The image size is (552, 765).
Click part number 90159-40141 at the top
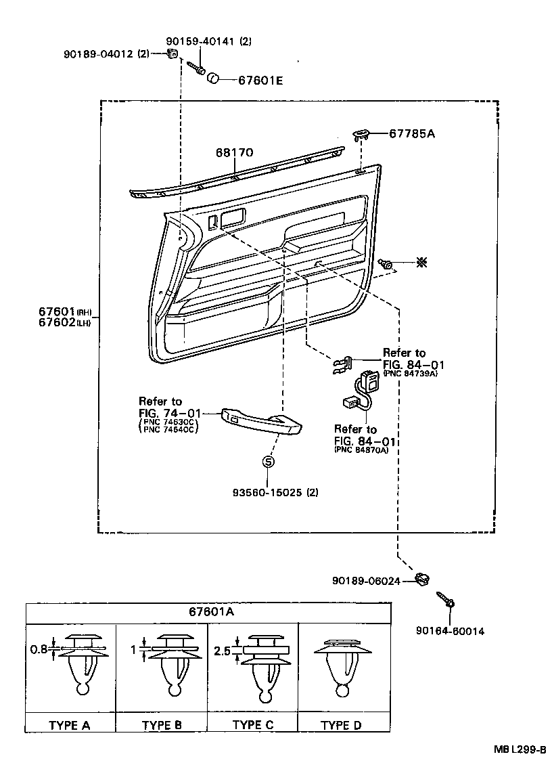coord(208,41)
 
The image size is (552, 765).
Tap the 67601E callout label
coord(260,80)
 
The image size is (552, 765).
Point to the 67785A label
coord(411,134)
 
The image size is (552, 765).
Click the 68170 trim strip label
coord(235,154)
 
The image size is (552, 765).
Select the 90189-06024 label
coord(366,581)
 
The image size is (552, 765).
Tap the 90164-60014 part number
coord(450,631)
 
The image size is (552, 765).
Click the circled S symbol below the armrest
coord(268,462)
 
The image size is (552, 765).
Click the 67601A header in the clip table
coord(211,612)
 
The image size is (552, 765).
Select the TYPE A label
coord(69,725)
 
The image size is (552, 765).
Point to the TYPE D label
coord(341,725)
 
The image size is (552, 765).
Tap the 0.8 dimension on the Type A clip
coord(39,649)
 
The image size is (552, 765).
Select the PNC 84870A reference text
coord(361,450)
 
